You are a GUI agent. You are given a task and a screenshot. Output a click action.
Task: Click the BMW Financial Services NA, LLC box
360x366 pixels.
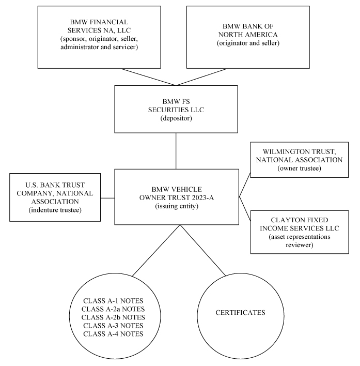pos(99,37)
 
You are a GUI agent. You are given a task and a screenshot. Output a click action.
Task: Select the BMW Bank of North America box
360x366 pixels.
pos(248,37)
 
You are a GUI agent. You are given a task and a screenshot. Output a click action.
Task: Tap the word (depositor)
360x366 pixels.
pos(176,118)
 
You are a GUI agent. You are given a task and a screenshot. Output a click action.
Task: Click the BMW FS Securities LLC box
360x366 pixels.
pos(176,109)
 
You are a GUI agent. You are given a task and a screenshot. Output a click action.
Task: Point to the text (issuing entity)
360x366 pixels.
pos(177,206)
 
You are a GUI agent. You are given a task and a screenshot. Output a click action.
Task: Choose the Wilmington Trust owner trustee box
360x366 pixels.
pos(300,160)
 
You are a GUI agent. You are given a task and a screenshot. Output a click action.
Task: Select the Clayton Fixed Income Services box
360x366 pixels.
pos(300,232)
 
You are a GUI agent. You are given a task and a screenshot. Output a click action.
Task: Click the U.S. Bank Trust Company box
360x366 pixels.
pos(55,197)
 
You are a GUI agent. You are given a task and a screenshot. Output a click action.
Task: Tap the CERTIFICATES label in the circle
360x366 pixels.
pos(240,313)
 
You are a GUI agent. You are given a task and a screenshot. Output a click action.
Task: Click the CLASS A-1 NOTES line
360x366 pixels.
pos(113,301)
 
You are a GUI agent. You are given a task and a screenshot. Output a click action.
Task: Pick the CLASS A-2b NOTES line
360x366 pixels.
pos(113,317)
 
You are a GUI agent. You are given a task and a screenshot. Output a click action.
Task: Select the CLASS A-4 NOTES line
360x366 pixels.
pos(113,334)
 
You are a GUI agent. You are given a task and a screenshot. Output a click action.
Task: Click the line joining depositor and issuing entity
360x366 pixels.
pos(176,151)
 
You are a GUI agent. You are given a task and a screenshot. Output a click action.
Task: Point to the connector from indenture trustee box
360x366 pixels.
pos(107,198)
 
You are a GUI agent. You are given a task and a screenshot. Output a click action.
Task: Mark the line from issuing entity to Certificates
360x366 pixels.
pos(203,250)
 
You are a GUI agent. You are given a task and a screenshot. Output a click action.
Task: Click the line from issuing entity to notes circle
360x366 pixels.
pos(156,250)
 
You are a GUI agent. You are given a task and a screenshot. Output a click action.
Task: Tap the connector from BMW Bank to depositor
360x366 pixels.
pos(201,77)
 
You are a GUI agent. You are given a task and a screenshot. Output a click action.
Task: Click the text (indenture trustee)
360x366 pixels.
pos(55,210)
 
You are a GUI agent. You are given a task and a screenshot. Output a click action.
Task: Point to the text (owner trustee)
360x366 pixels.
pos(300,169)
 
